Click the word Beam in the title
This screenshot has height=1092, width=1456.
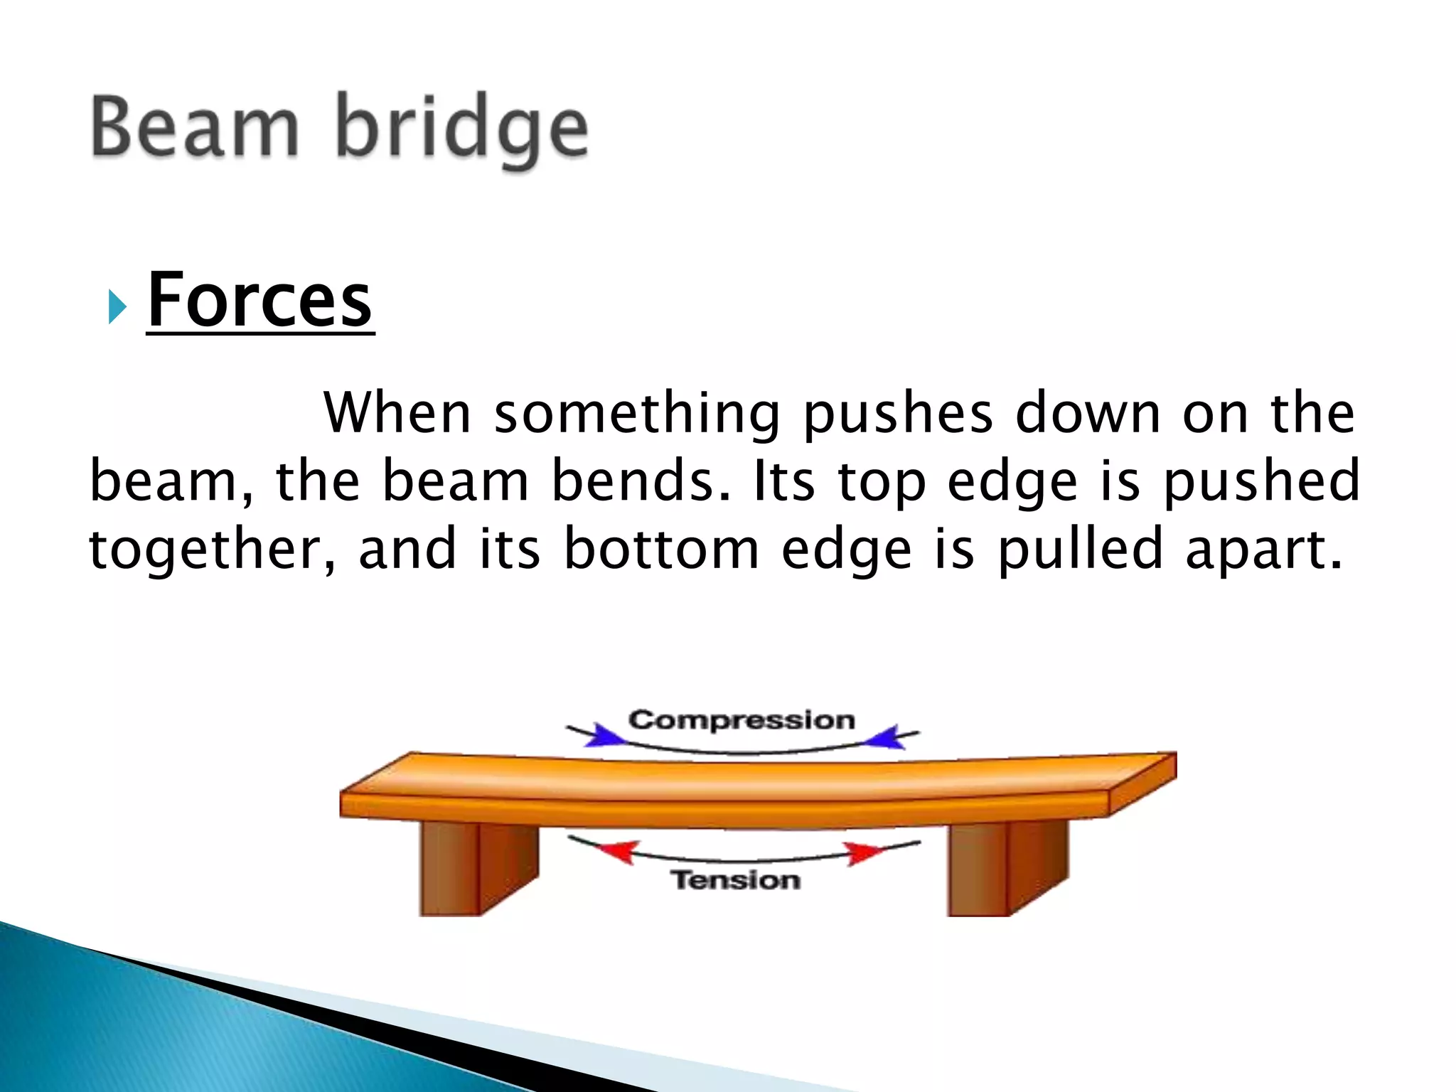pos(194,128)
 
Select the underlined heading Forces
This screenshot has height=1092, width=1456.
pos(259,301)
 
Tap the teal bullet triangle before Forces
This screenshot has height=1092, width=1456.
pos(118,307)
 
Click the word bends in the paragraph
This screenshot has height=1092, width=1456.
pos(641,481)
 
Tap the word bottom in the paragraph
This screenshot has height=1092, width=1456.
pos(661,550)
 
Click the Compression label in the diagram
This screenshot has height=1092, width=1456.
pos(742,720)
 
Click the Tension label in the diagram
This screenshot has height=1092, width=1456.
pos(736,880)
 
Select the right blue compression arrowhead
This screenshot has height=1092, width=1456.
pos(883,737)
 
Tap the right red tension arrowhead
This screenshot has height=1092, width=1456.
pos(861,852)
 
